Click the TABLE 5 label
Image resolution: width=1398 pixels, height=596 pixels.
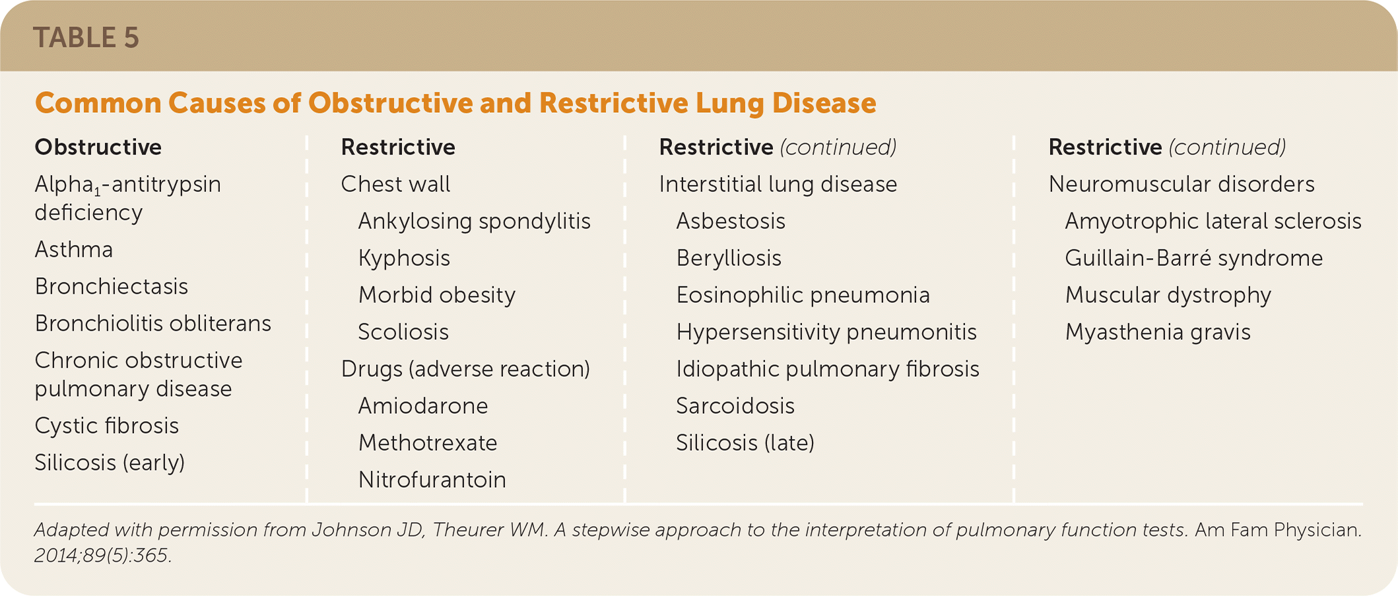(x=86, y=38)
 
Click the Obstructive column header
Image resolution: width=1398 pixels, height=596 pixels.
(x=98, y=147)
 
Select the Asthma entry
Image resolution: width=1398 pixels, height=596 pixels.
(x=74, y=250)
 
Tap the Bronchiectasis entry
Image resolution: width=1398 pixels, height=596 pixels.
(x=112, y=287)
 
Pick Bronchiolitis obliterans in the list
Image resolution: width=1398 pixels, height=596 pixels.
(x=152, y=324)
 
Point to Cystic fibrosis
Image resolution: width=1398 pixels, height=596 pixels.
(x=106, y=426)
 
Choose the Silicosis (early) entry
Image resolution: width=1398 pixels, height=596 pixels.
(x=110, y=463)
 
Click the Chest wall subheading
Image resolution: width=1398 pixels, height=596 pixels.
(x=395, y=184)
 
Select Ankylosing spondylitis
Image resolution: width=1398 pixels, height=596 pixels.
(x=474, y=221)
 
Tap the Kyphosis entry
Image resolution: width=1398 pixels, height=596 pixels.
(x=404, y=258)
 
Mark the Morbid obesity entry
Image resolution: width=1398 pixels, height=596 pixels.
(x=436, y=295)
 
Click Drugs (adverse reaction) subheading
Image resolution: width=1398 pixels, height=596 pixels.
(x=465, y=369)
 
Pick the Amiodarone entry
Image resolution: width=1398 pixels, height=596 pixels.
(x=423, y=406)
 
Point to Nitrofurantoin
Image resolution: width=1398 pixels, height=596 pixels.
(x=432, y=480)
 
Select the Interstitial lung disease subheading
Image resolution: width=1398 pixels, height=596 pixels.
(x=778, y=184)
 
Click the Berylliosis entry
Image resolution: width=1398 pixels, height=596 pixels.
(x=729, y=258)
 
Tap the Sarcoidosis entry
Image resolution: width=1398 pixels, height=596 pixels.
(x=735, y=406)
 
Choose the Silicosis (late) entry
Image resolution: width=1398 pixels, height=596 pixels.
(x=745, y=443)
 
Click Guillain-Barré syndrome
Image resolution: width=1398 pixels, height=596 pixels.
(x=1193, y=258)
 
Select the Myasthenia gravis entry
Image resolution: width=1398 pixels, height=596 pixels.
(x=1158, y=332)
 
